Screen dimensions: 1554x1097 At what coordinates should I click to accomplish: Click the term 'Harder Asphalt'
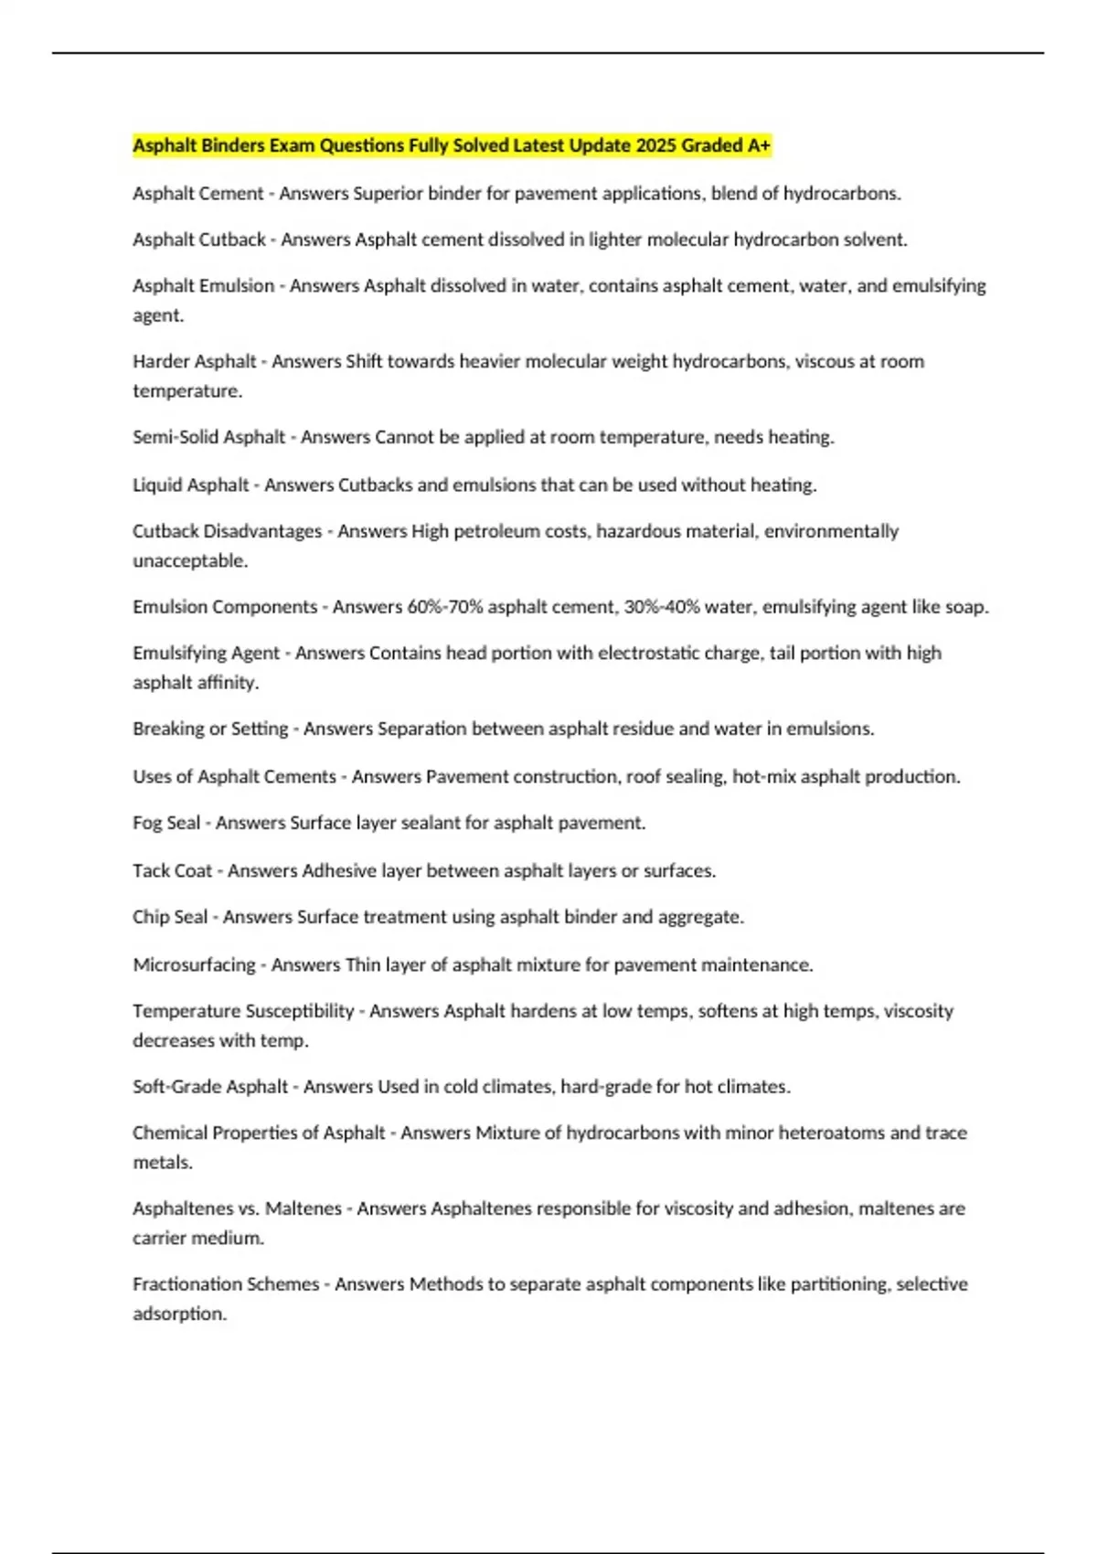click(x=194, y=361)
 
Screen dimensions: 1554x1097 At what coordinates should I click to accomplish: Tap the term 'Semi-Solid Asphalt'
click(x=208, y=437)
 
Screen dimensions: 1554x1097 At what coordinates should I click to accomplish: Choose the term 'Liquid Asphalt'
click(x=190, y=484)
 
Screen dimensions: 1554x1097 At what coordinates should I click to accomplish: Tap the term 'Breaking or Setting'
click(x=210, y=729)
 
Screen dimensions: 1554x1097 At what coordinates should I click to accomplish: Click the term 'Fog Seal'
click(x=165, y=823)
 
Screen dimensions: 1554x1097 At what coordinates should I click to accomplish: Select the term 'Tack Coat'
click(x=172, y=870)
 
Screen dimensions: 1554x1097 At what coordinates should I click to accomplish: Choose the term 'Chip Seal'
click(x=170, y=917)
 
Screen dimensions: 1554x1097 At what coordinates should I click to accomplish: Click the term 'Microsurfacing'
click(x=194, y=964)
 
